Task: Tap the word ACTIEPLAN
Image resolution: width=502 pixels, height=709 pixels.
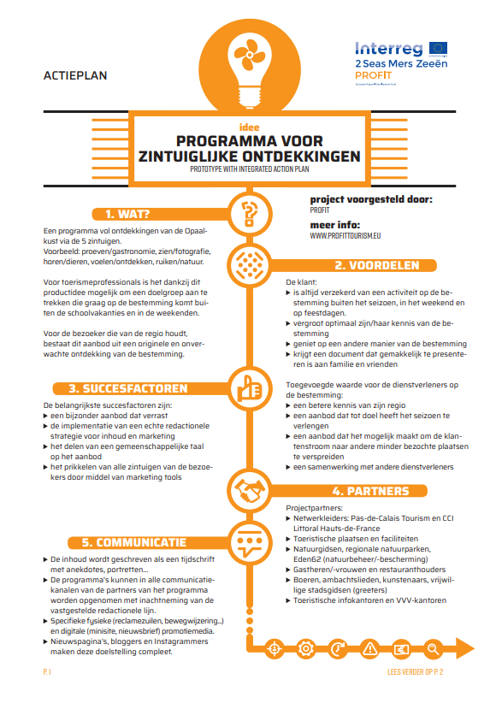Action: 75,76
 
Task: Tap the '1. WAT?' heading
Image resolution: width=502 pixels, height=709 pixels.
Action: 129,214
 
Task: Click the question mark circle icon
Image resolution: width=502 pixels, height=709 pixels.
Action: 251,212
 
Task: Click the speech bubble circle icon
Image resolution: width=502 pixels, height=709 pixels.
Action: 251,541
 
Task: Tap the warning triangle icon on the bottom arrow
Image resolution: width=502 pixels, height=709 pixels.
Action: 371,647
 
